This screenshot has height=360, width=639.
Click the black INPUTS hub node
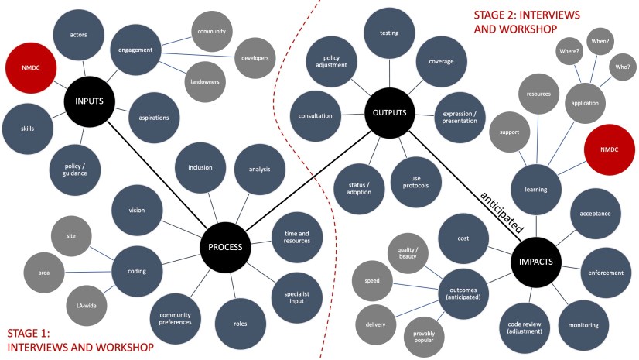coord(90,101)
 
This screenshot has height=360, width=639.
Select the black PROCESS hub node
coord(225,248)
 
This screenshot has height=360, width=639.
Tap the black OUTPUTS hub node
coord(389,113)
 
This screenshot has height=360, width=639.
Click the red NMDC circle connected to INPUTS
coord(30,67)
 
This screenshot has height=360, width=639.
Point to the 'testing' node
coord(389,33)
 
